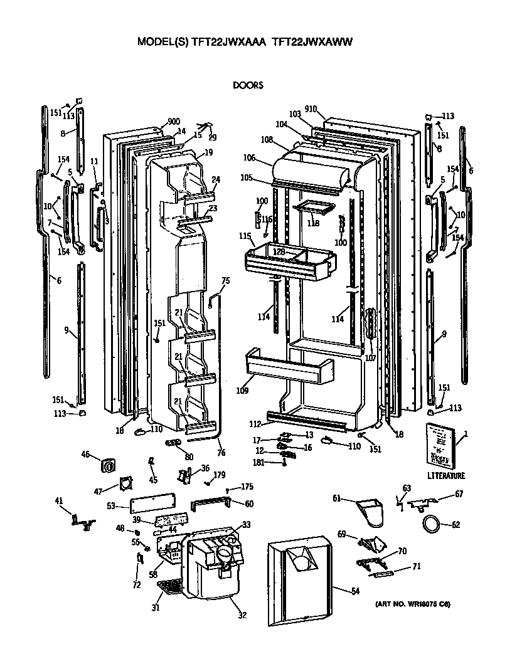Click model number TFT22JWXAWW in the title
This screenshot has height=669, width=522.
click(x=312, y=42)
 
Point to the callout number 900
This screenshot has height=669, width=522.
click(x=174, y=122)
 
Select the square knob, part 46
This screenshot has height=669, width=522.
click(x=109, y=466)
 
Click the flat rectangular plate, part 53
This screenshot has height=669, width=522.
click(x=151, y=505)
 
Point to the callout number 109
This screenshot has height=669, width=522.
click(x=243, y=391)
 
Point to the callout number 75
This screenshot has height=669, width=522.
click(x=226, y=281)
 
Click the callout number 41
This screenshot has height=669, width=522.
click(x=59, y=500)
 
